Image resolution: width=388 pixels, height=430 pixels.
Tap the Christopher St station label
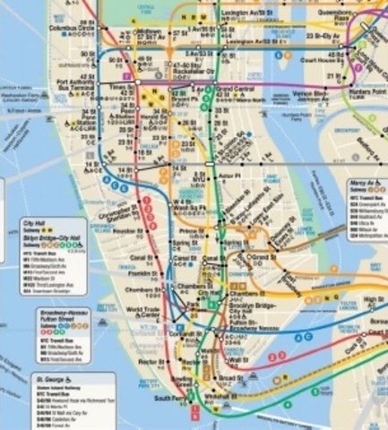[x=117, y=216]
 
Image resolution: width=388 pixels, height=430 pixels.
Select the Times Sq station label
[x=118, y=88]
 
